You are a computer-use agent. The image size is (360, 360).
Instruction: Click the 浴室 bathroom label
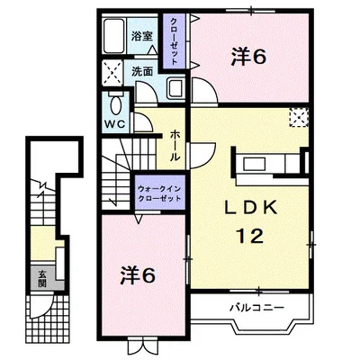pyautogui.click(x=142, y=36)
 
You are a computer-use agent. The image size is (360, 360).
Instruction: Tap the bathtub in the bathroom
pyautogui.click(x=113, y=36)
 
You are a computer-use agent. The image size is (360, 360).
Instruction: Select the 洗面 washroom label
pyautogui.click(x=142, y=71)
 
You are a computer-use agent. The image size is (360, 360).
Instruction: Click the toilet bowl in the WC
pyautogui.click(x=115, y=104)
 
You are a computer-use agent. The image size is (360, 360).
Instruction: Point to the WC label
pyautogui.click(x=114, y=124)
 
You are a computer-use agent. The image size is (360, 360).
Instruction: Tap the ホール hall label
pyautogui.click(x=175, y=146)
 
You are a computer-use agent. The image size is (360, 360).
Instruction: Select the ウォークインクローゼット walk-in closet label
pyautogui.click(x=159, y=193)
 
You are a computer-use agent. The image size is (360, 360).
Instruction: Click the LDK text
pyautogui.click(x=250, y=207)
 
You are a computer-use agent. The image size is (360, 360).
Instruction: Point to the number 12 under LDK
pyautogui.click(x=249, y=236)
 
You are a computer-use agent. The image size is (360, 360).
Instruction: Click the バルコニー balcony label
pyautogui.click(x=256, y=308)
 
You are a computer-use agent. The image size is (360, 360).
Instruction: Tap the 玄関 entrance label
pyautogui.click(x=42, y=278)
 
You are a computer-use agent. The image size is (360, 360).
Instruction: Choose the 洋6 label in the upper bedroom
pyautogui.click(x=248, y=57)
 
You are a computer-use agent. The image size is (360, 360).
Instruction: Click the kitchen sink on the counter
pyautogui.click(x=254, y=165)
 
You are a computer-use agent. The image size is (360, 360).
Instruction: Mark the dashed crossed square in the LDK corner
pyautogui.click(x=299, y=118)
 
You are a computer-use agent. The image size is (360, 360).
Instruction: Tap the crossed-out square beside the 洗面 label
pyautogui.click(x=112, y=73)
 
